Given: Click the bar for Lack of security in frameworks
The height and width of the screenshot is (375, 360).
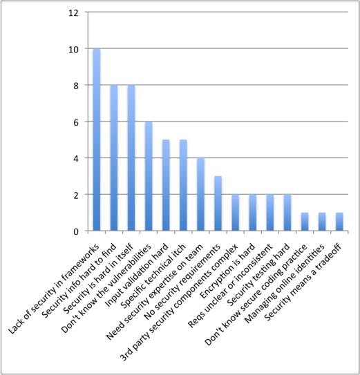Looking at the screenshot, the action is pyautogui.click(x=97, y=140).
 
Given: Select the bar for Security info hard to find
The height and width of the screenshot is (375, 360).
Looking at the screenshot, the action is pyautogui.click(x=114, y=158).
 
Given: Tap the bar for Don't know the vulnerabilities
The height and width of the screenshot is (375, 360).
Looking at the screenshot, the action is pyautogui.click(x=149, y=176).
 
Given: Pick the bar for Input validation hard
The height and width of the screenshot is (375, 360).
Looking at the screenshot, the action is pyautogui.click(x=166, y=185).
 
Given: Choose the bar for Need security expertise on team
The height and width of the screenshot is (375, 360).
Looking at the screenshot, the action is pyautogui.click(x=200, y=194).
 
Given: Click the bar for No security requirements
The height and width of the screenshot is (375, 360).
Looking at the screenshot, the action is pyautogui.click(x=218, y=204).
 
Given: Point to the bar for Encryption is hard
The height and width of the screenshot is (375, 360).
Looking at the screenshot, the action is pyautogui.click(x=252, y=213).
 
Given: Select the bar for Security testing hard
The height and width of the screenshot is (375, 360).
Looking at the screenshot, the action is pyautogui.click(x=287, y=213).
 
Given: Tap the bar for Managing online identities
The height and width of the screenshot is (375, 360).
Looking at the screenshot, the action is pyautogui.click(x=322, y=222).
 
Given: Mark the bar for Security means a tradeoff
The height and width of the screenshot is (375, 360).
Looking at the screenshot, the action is pyautogui.click(x=339, y=222).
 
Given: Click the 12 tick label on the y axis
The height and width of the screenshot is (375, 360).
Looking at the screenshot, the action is pyautogui.click(x=73, y=13).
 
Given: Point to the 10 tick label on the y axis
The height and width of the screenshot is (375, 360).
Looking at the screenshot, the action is pyautogui.click(x=73, y=50).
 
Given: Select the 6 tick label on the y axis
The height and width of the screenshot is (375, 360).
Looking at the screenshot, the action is pyautogui.click(x=76, y=122).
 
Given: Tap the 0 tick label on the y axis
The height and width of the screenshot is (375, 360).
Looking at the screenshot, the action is pyautogui.click(x=76, y=232).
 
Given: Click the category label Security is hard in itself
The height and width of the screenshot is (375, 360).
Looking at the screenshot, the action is pyautogui.click(x=98, y=279).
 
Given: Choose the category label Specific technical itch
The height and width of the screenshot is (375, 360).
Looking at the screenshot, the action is pyautogui.click(x=153, y=277).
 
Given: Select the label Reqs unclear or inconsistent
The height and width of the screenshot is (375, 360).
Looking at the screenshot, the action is pyautogui.click(x=230, y=286).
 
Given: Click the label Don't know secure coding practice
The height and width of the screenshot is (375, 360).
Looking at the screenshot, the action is pyautogui.click(x=256, y=295).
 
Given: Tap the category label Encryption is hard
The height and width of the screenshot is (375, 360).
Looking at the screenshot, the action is pyautogui.click(x=227, y=271).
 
